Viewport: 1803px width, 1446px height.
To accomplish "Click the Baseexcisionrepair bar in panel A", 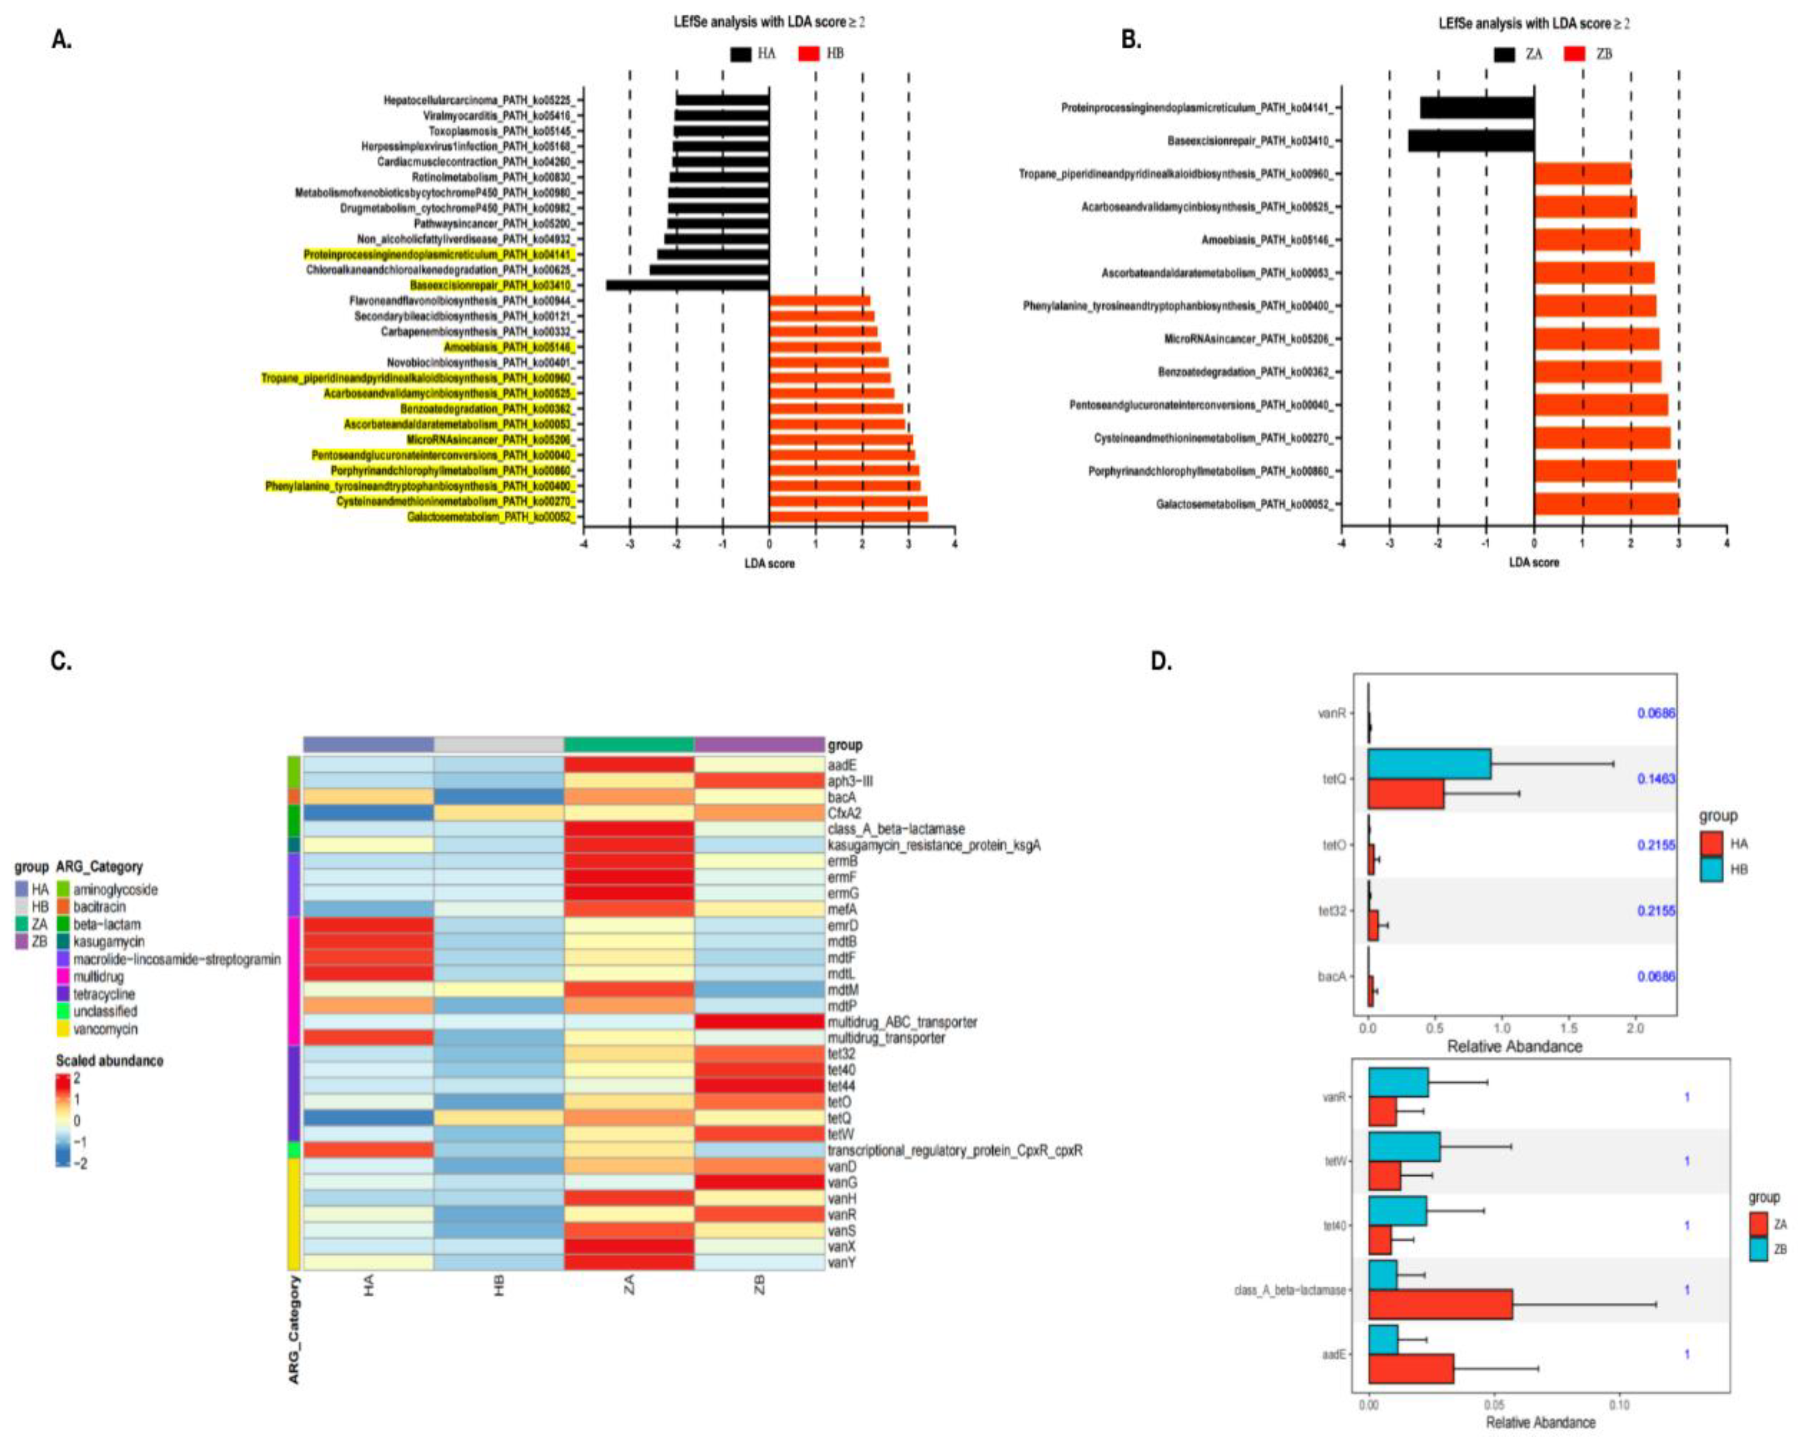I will (x=688, y=285).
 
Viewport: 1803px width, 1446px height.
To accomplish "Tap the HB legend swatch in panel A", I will (x=809, y=54).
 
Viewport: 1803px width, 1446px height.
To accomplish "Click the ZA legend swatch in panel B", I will (x=1505, y=54).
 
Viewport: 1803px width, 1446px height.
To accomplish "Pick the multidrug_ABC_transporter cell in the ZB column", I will (x=759, y=1022).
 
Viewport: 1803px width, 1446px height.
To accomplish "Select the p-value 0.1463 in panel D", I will (x=1656, y=779).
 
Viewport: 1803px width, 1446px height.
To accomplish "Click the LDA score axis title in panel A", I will (x=770, y=563).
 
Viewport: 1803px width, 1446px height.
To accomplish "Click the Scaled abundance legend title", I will (x=109, y=1061).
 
